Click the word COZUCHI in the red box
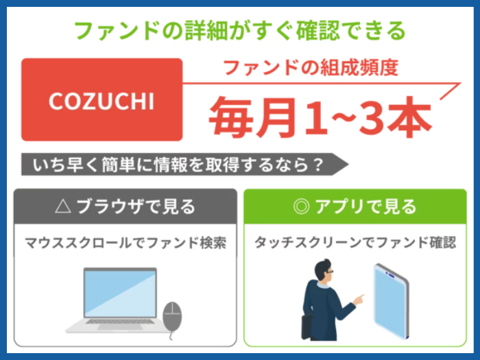(101, 101)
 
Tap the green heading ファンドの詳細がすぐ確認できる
(240, 31)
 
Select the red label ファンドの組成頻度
(311, 67)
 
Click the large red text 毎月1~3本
(320, 117)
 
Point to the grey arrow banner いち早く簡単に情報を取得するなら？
(184, 165)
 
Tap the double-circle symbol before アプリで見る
(301, 206)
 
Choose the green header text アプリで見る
(365, 206)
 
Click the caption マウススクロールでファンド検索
(125, 243)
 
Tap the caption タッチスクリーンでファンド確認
(355, 243)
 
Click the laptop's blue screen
(120, 293)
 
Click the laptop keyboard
(120, 322)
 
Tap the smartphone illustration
(391, 301)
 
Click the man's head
(324, 270)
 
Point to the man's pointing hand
(359, 300)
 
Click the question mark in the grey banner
(319, 165)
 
